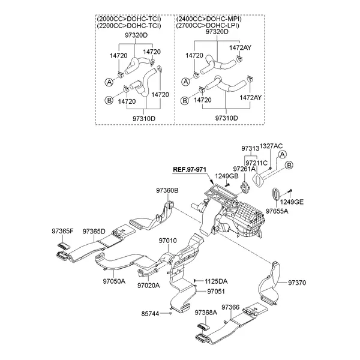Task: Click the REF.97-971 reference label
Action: [188, 170]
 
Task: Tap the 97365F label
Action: [62, 231]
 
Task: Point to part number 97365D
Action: [94, 231]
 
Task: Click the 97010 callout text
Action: [167, 241]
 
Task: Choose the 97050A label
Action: [114, 280]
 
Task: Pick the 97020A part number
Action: [148, 286]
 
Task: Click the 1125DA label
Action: [216, 281]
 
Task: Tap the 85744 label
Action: [151, 313]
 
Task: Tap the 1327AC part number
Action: [271, 146]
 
